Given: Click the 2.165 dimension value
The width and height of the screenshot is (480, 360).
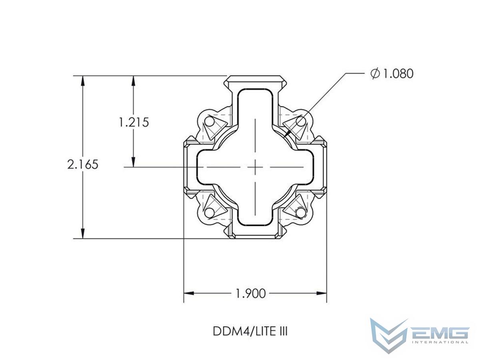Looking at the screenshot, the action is coord(83,164).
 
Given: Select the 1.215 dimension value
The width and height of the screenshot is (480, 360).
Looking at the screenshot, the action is coord(134,122).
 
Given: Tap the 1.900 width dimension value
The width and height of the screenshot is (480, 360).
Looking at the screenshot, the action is coord(251,294).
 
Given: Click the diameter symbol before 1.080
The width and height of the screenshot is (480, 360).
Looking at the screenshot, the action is coord(375,74).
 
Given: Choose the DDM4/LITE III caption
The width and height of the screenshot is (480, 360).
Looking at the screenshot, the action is coord(250,331).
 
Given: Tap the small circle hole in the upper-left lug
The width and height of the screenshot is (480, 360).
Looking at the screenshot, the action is coord(209,122).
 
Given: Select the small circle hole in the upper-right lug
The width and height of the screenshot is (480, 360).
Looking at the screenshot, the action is coord(301,121).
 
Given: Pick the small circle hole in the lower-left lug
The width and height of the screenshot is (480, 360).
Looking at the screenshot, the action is coord(209,212).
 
